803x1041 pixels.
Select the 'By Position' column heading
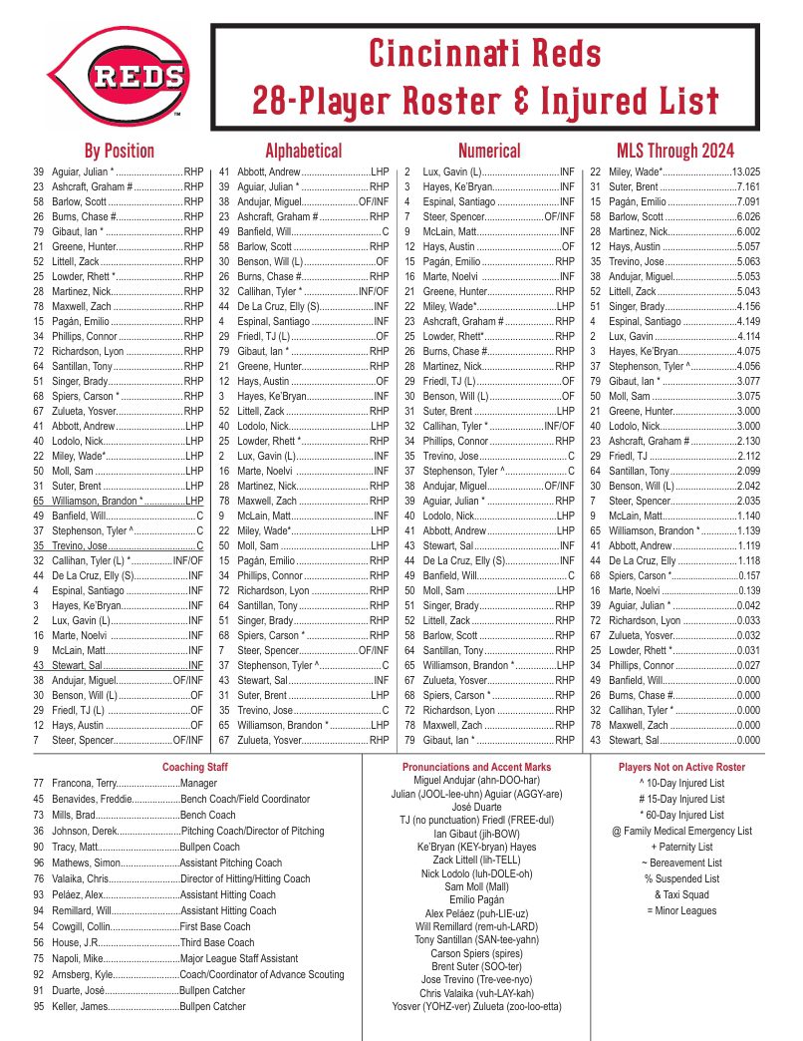pyautogui.click(x=119, y=152)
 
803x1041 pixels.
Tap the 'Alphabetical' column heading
pyautogui.click(x=303, y=152)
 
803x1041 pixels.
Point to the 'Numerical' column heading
pyautogui.click(x=488, y=152)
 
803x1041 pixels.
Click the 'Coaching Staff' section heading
pyautogui.click(x=195, y=768)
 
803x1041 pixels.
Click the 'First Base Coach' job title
pyautogui.click(x=215, y=927)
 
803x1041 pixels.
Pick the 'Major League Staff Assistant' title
pyautogui.click(x=239, y=959)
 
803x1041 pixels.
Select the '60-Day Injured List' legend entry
pyautogui.click(x=681, y=816)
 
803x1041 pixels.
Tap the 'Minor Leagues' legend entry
pyautogui.click(x=681, y=911)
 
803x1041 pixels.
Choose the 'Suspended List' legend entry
pyautogui.click(x=681, y=879)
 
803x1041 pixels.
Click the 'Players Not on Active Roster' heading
pyautogui.click(x=681, y=768)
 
